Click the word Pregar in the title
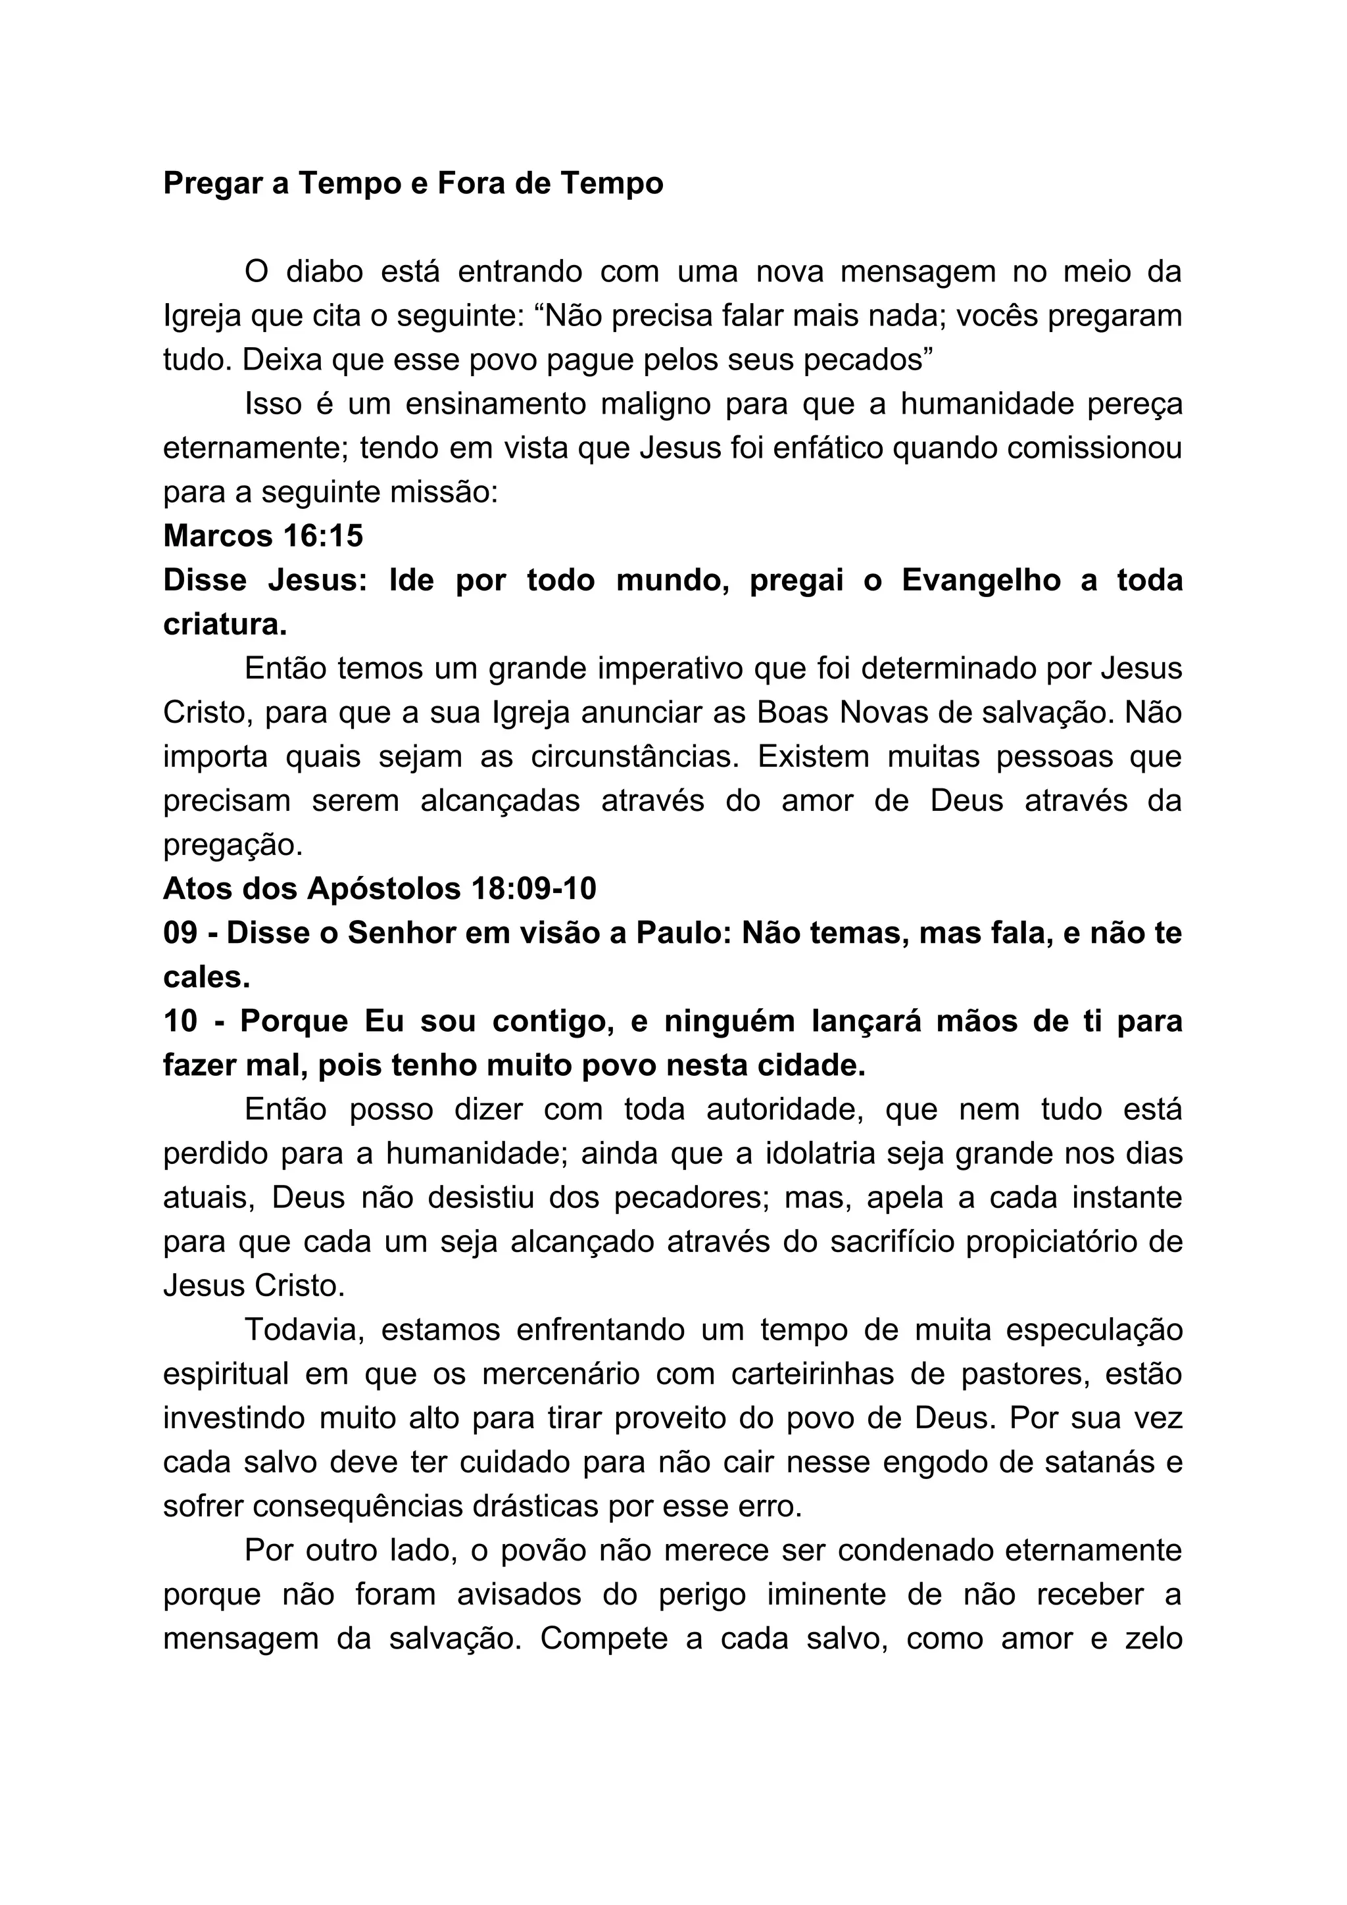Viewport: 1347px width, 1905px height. click(x=213, y=183)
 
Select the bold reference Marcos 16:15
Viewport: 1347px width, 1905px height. click(x=263, y=536)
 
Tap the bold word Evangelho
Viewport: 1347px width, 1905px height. click(x=981, y=580)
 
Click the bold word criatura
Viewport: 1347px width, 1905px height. click(x=225, y=624)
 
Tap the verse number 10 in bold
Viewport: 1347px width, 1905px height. click(x=180, y=1021)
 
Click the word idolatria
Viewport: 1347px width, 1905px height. click(x=831, y=1154)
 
